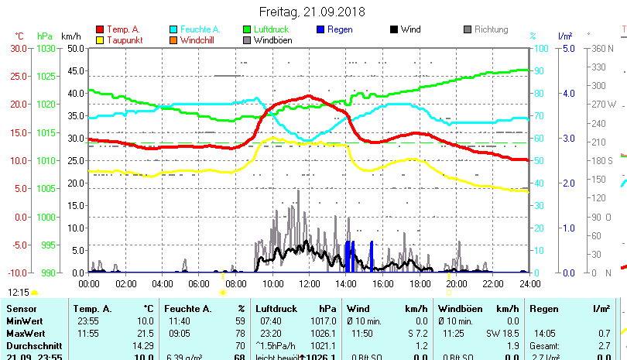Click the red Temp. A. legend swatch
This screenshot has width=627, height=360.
click(99, 29)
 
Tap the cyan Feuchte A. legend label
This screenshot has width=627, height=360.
click(200, 29)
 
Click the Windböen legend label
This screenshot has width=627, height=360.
click(273, 40)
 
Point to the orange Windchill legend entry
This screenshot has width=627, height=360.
click(199, 40)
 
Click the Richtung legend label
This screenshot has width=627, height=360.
click(491, 29)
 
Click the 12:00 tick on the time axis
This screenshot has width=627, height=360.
click(309, 284)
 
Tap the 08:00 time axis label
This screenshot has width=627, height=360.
click(235, 284)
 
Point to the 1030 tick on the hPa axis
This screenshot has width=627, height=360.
click(46, 48)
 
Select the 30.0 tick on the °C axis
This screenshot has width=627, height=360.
click(19, 48)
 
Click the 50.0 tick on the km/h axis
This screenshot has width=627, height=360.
click(75, 48)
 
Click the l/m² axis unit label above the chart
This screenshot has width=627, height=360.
click(564, 36)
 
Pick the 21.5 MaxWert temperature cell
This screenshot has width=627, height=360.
click(145, 333)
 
